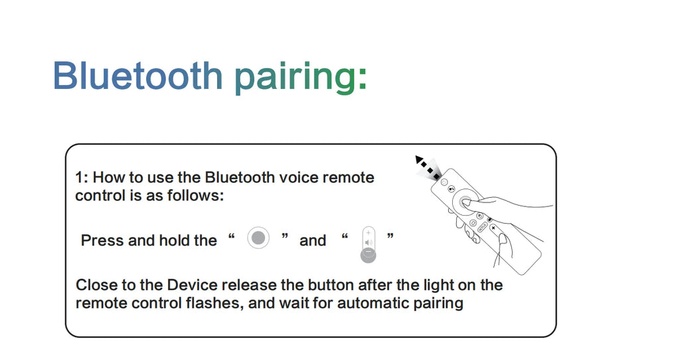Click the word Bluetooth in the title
138,76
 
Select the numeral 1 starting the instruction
79,177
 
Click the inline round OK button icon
258,238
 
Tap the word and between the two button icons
313,240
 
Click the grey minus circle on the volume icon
368,255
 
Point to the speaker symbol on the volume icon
369,242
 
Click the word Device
192,285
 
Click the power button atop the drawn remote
444,182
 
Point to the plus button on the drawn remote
493,228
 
